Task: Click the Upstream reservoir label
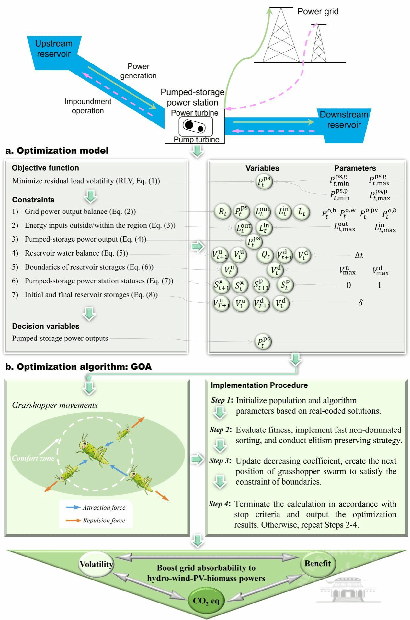point(53,49)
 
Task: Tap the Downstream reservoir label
point(344,120)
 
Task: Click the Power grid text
point(318,12)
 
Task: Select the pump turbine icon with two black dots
point(195,126)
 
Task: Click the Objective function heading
point(45,168)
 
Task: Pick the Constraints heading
point(33,200)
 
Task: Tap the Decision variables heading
point(46,326)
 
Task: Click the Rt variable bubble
point(222,212)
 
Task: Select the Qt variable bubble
point(266,255)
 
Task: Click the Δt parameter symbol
point(359,256)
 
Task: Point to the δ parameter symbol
point(360,303)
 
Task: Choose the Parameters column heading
point(355,168)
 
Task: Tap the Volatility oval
point(96,564)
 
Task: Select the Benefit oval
point(318,564)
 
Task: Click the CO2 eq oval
point(206,601)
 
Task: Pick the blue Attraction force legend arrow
point(73,507)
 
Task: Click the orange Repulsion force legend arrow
point(73,520)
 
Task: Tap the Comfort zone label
point(33,458)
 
